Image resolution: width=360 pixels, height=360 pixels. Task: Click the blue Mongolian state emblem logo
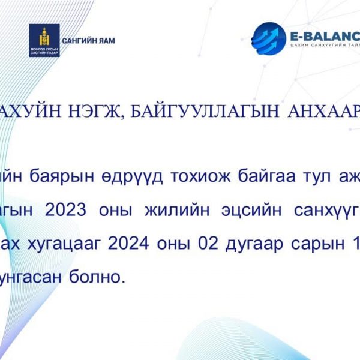(x=44, y=40)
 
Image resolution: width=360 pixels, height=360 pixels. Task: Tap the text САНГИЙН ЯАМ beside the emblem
(x=88, y=41)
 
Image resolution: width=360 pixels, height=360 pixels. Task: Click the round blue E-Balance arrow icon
(x=269, y=38)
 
